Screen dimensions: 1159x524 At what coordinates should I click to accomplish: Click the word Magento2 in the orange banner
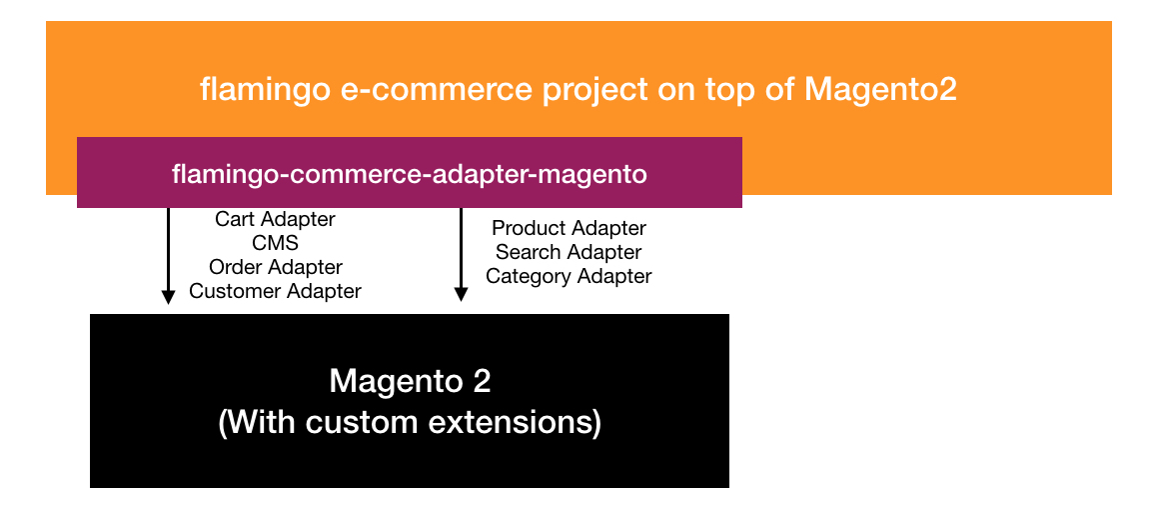(x=880, y=90)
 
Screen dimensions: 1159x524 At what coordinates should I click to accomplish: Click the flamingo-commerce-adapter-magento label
(x=410, y=175)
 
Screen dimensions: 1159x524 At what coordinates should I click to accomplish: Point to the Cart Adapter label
(x=275, y=219)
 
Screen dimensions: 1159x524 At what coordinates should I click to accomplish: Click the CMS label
(x=275, y=243)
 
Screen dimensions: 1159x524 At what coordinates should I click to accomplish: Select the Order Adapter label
(x=275, y=267)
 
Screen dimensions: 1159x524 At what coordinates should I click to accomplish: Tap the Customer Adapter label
(x=275, y=291)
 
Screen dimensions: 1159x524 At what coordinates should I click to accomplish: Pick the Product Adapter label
(x=570, y=228)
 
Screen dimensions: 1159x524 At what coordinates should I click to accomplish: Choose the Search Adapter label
(x=569, y=252)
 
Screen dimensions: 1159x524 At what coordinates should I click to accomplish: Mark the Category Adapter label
(x=569, y=277)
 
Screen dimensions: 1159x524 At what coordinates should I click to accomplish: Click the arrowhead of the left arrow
(x=169, y=297)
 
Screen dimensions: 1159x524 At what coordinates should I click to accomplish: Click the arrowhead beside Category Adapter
(x=462, y=295)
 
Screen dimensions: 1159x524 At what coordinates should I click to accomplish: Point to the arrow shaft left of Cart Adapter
(x=169, y=249)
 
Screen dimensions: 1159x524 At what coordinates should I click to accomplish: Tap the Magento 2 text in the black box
(x=410, y=382)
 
